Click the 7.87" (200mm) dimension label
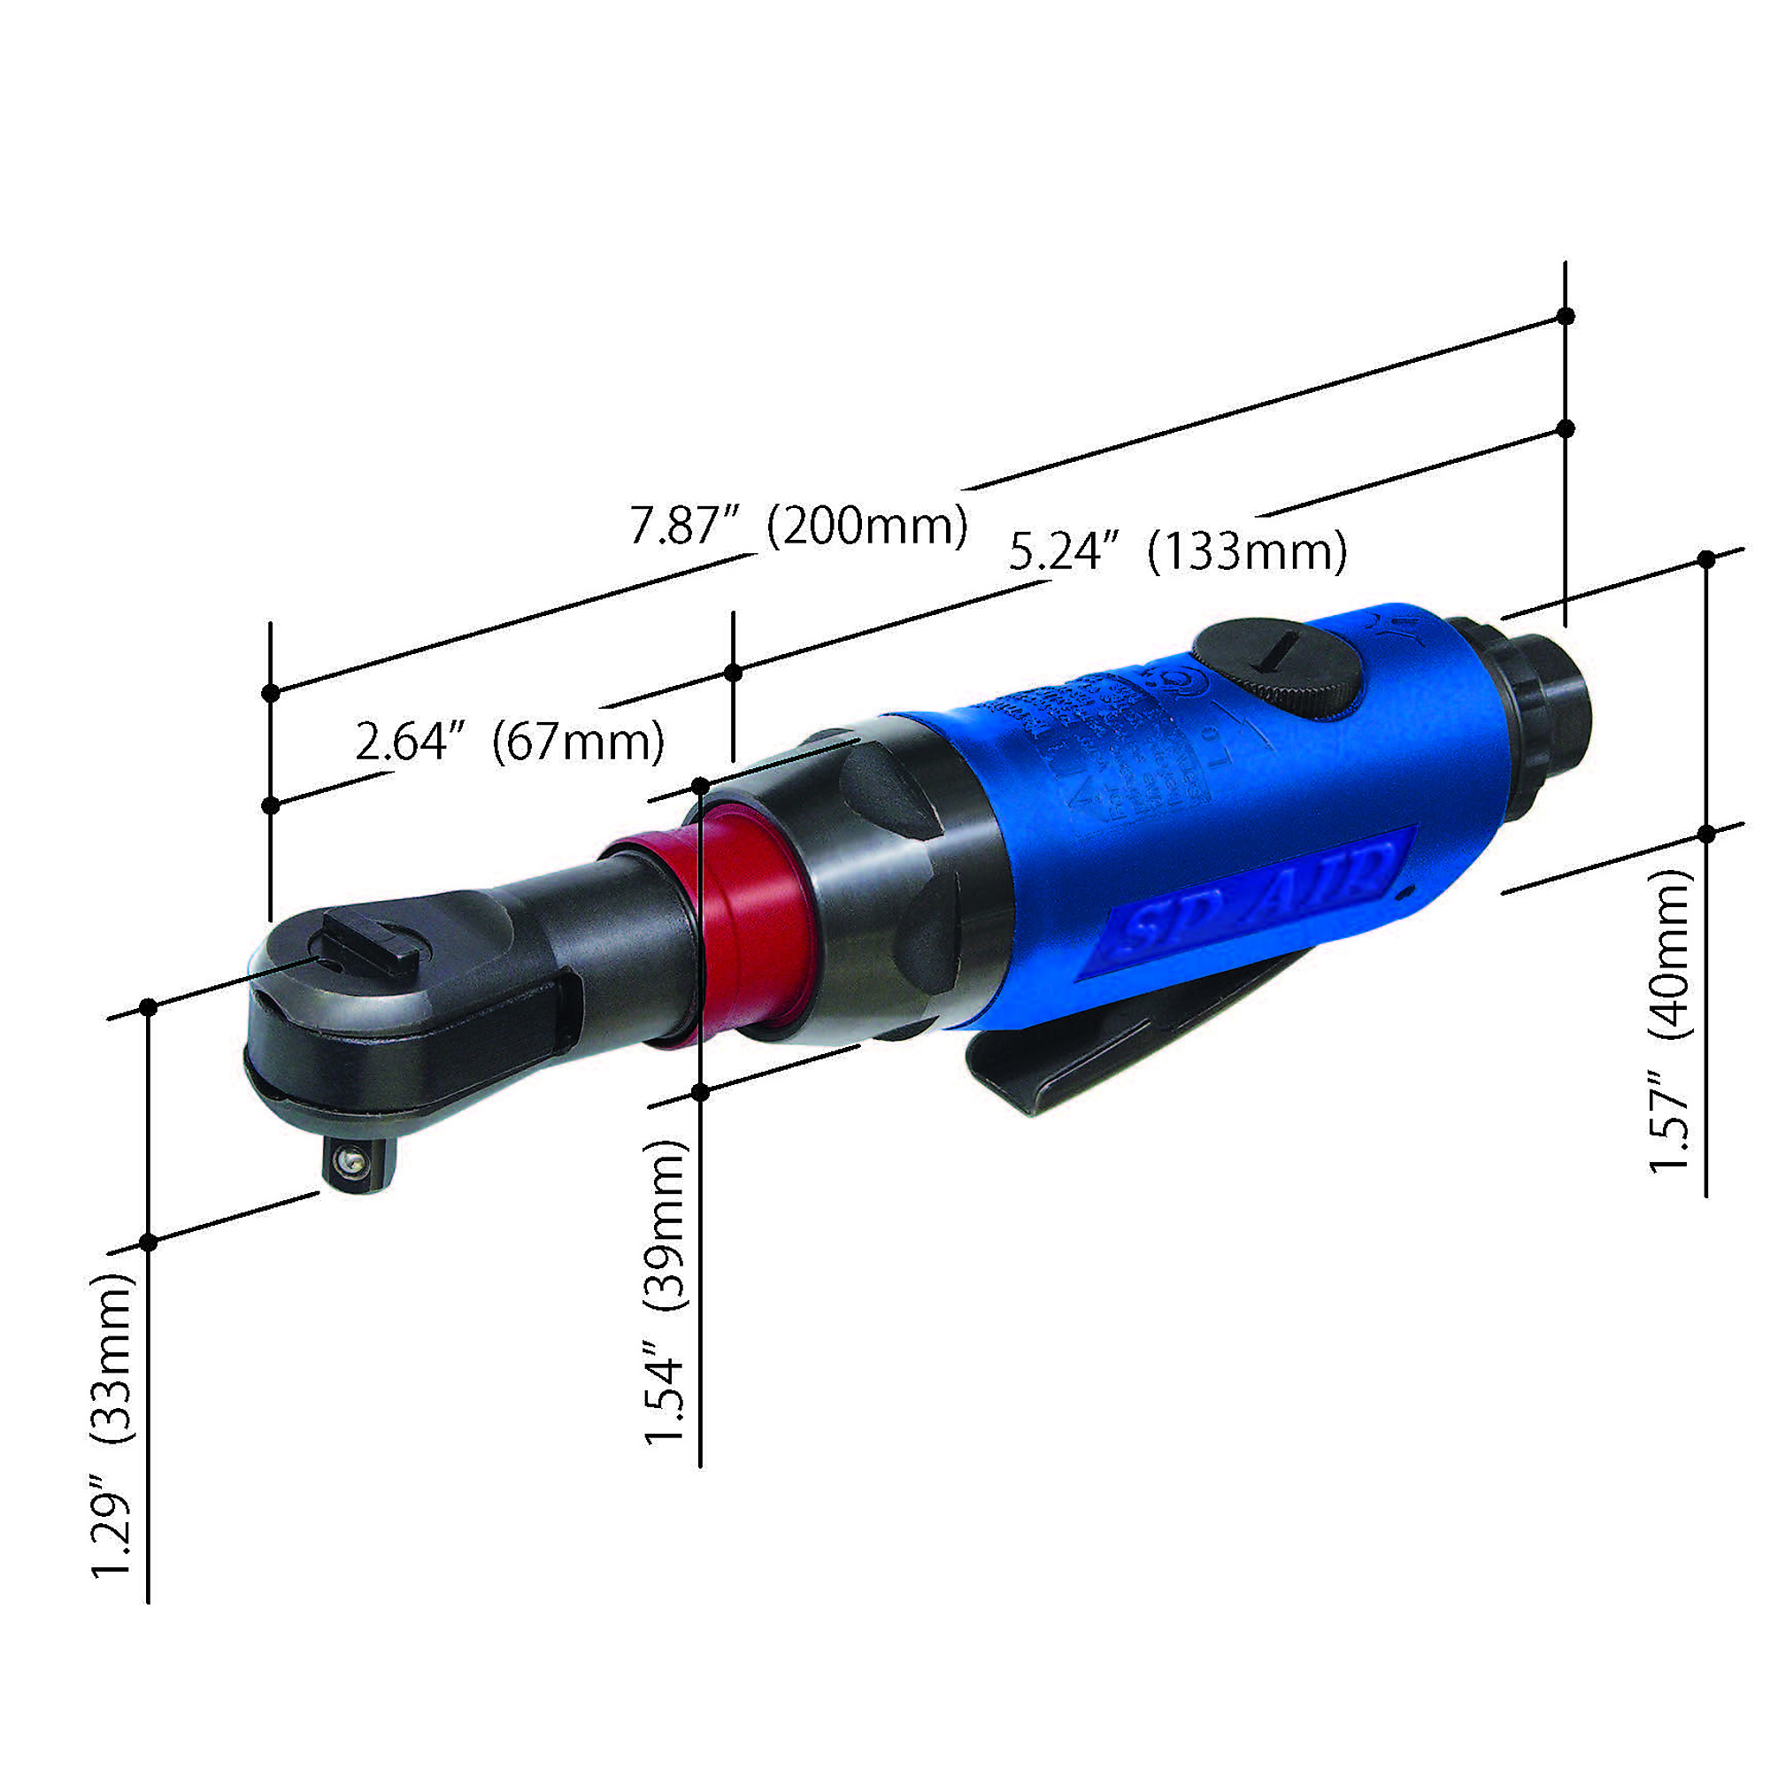point(798,525)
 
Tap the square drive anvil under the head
point(358,1165)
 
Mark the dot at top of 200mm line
point(1566,316)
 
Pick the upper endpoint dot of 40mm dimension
point(1706,558)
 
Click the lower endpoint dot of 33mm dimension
point(149,1243)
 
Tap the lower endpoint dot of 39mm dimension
point(700,1092)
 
